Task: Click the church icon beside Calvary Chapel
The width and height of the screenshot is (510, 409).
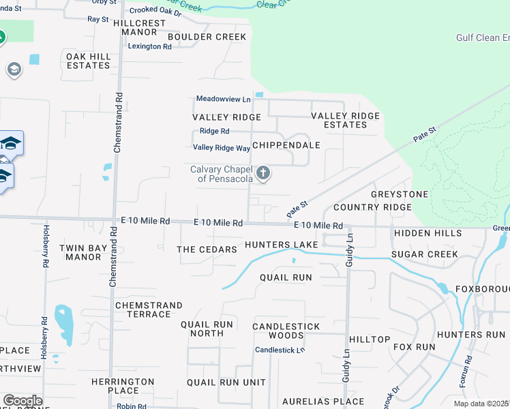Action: tap(263, 174)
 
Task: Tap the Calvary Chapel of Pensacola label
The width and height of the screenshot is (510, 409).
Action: tap(222, 175)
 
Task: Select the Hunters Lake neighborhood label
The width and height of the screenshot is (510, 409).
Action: tap(282, 245)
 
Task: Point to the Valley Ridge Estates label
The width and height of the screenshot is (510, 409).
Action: tap(345, 121)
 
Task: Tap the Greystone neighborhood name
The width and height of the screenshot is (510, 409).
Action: tap(400, 194)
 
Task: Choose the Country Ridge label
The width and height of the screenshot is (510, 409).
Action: tap(372, 207)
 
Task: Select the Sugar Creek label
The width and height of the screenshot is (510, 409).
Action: tap(425, 255)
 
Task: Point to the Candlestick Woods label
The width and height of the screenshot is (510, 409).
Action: tap(286, 331)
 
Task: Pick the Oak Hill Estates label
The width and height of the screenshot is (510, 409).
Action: tap(88, 61)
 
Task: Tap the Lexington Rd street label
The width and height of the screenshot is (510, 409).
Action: tap(150, 46)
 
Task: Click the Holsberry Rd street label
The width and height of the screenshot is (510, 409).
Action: tap(46, 245)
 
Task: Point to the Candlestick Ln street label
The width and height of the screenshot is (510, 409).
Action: tap(280, 350)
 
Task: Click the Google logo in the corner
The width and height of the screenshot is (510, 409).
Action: tap(22, 400)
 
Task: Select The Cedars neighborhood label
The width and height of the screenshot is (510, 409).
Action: tap(207, 249)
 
